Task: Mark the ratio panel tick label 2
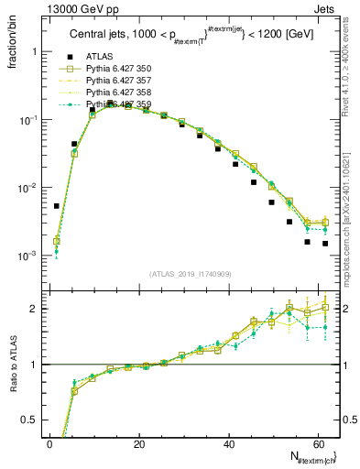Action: coord(34,309)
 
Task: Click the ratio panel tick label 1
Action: coord(34,365)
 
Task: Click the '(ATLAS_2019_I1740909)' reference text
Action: coord(191,273)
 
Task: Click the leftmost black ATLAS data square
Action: coord(57,206)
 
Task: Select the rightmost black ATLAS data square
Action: coord(325,244)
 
